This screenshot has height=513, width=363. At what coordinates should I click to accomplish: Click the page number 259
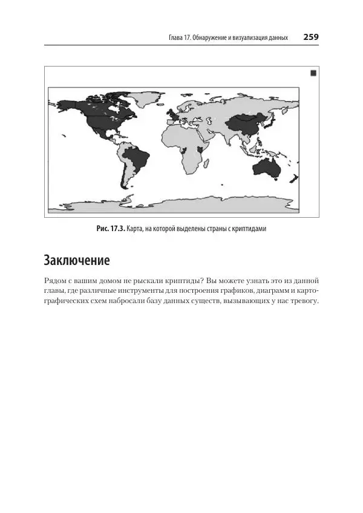coord(311,37)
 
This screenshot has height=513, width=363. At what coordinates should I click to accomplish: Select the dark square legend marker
coord(313,73)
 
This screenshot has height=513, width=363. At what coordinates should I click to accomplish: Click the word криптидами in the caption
coord(248,229)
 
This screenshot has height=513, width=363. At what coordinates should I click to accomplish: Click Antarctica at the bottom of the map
coord(181,206)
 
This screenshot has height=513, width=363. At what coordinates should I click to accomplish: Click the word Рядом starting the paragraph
coord(56,281)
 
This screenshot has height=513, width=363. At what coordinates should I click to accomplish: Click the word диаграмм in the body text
coord(267,292)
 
